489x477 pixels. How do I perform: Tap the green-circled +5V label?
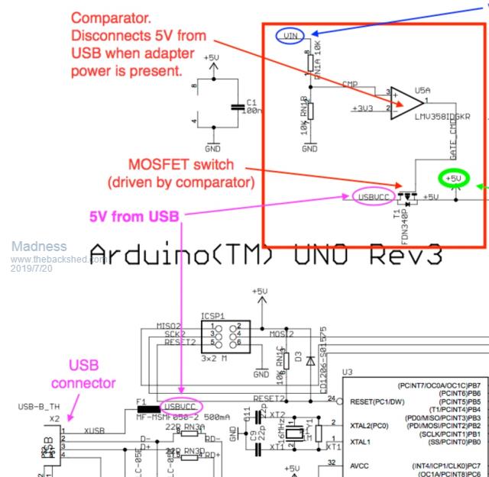pos(454,179)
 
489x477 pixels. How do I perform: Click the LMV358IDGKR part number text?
pos(442,116)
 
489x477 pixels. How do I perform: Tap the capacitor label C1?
pos(251,101)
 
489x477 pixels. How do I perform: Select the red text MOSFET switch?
pos(180,166)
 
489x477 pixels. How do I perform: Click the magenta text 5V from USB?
pos(134,216)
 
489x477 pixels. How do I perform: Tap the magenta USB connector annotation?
pos(83,374)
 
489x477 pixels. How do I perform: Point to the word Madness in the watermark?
pos(38,247)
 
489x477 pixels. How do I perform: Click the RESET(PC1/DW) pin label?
pos(377,401)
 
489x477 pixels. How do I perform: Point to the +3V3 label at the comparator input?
pos(364,108)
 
